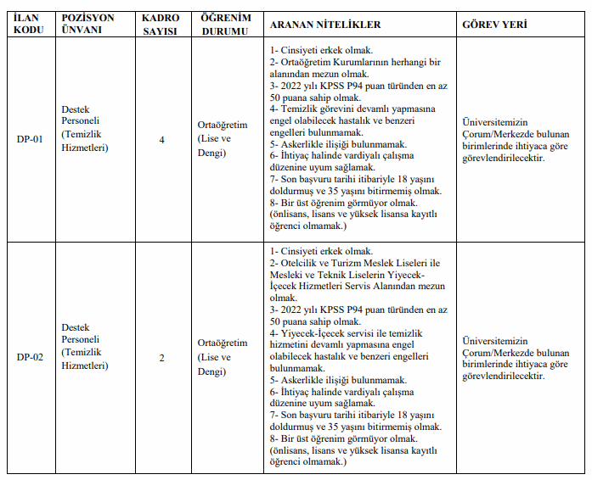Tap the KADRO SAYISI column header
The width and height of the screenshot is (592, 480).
click(x=161, y=25)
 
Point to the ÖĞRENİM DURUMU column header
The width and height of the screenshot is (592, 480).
click(x=224, y=25)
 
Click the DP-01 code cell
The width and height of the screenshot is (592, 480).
click(x=29, y=140)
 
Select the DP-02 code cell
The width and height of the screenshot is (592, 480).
click(x=29, y=356)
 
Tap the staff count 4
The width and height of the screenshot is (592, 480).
click(x=161, y=140)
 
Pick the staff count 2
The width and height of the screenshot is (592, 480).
click(x=161, y=356)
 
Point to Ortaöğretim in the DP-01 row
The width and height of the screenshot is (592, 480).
click(x=223, y=126)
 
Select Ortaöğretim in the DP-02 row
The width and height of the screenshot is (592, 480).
click(x=223, y=343)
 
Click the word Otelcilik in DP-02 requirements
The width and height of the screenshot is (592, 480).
click(x=300, y=263)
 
